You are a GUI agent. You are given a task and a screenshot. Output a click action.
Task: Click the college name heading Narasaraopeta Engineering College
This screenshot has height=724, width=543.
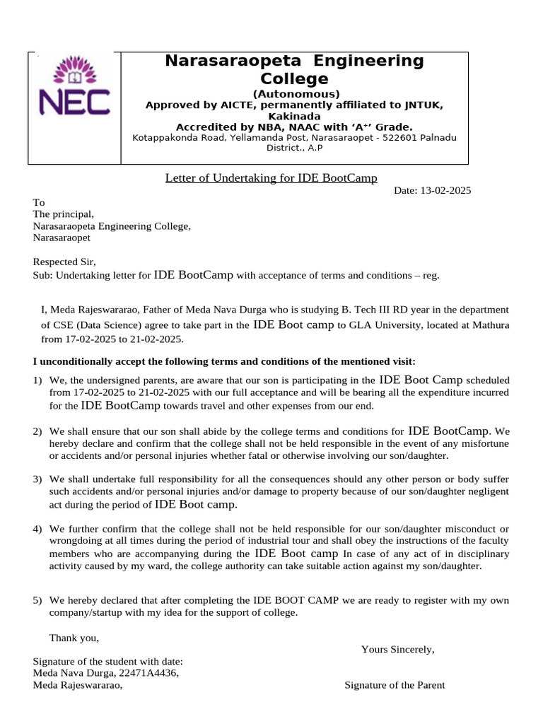(294, 69)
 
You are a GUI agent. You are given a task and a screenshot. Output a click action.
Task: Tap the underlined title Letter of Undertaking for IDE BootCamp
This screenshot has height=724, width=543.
(271, 177)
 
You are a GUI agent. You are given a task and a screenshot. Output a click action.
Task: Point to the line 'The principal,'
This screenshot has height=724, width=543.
(63, 214)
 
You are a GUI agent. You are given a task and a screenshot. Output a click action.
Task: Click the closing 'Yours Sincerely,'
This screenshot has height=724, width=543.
(397, 649)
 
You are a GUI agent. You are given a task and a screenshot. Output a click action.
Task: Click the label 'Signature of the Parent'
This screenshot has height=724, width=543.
(395, 685)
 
